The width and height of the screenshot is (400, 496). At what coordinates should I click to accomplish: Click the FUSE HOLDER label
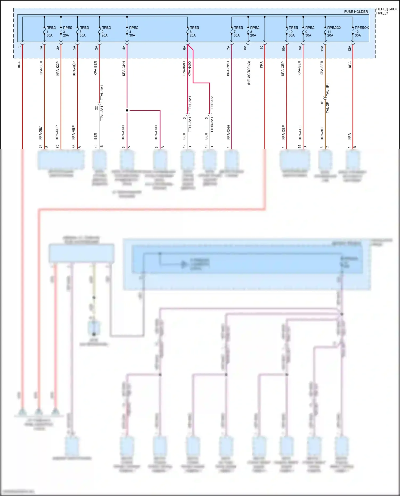[356, 12]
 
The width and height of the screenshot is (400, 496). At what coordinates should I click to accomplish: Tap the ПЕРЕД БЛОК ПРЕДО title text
[386, 11]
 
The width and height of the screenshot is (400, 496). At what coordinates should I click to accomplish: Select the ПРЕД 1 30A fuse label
[51, 31]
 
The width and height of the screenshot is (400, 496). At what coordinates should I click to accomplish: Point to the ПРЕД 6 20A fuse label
[194, 31]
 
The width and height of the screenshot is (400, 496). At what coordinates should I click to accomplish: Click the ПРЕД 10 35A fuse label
[293, 31]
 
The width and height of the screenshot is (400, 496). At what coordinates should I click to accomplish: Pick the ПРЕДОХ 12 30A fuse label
[361, 31]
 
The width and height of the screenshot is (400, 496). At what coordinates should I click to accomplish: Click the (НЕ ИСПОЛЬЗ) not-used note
[249, 73]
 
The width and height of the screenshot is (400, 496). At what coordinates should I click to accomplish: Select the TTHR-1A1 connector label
[212, 103]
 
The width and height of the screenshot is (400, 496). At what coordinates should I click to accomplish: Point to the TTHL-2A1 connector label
[190, 124]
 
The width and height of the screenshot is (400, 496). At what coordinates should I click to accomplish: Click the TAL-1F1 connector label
[327, 90]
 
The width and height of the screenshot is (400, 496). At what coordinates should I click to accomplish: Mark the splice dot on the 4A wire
[127, 110]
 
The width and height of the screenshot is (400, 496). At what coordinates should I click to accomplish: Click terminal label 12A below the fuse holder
[349, 48]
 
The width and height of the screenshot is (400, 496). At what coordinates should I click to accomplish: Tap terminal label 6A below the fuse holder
[184, 48]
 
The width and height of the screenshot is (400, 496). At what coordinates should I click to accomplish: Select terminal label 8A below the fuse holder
[245, 48]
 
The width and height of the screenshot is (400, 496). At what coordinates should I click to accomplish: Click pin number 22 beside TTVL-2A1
[96, 108]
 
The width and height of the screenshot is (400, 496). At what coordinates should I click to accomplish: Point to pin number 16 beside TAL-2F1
[322, 102]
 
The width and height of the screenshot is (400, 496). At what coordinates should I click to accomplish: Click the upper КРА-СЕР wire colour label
[283, 69]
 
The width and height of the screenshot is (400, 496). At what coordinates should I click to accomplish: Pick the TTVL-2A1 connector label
[102, 113]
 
